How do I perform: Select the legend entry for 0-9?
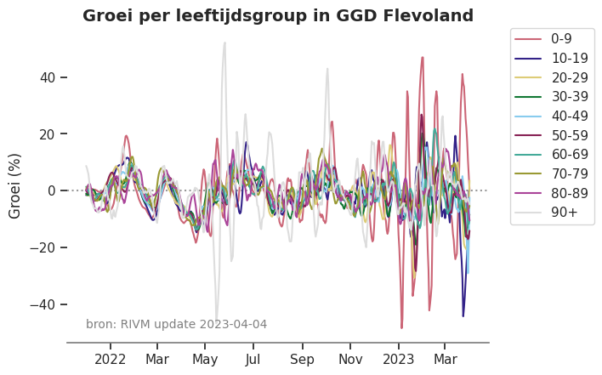click(x=560, y=38)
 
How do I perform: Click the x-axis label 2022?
click(x=110, y=359)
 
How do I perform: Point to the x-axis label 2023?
click(x=398, y=359)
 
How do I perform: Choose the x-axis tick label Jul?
click(x=253, y=359)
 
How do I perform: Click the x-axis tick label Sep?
click(x=301, y=359)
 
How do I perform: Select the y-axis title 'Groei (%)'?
click(x=15, y=185)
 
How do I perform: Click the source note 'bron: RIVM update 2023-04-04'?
click(x=176, y=324)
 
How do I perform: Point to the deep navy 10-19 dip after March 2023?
click(x=463, y=315)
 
